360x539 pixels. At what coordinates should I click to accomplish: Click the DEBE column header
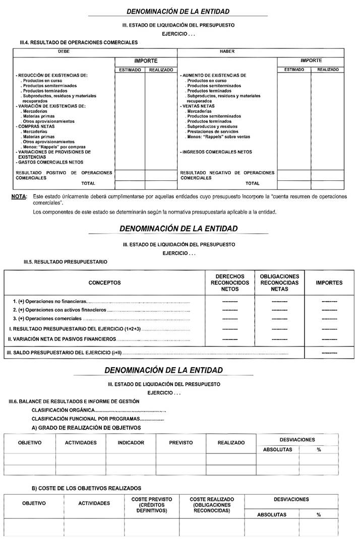pos(64,51)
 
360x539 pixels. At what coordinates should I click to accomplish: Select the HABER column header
pos(227,51)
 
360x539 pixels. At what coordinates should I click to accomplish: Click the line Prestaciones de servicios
pos(213,131)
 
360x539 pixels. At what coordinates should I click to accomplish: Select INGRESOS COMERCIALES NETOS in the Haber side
pos(216,152)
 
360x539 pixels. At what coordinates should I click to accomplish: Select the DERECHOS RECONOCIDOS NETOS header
pos(230,283)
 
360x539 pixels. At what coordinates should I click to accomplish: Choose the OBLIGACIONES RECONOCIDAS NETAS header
pos(279,283)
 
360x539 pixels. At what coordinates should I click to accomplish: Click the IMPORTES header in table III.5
pos(329,283)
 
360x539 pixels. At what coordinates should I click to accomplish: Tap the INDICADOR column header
pos(131,443)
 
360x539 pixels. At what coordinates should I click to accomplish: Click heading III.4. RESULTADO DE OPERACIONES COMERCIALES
pos(77,43)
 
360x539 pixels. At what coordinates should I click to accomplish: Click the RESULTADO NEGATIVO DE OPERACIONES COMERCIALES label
pos(227,175)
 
